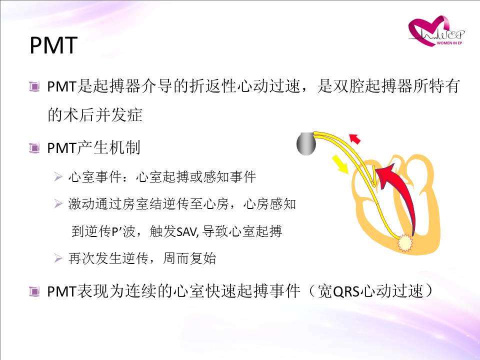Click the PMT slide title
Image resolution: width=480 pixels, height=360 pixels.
53,45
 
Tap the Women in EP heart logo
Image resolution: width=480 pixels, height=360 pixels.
435,31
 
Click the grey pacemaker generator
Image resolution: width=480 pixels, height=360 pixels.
306,143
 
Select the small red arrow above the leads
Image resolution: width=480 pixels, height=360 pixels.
355,138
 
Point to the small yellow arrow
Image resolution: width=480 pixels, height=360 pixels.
340,164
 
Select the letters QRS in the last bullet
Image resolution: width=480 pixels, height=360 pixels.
345,291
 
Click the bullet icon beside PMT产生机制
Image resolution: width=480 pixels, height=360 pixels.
34,148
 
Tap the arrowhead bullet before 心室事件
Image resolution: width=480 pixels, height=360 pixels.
58,176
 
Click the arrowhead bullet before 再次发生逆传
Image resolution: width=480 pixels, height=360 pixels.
58,258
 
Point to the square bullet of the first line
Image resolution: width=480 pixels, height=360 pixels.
34,86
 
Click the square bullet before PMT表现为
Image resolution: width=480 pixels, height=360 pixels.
34,291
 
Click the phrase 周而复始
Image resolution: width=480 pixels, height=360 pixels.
189,258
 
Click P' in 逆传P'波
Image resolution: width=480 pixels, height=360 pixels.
116,231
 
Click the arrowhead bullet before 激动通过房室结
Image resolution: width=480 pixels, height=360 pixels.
58,203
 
